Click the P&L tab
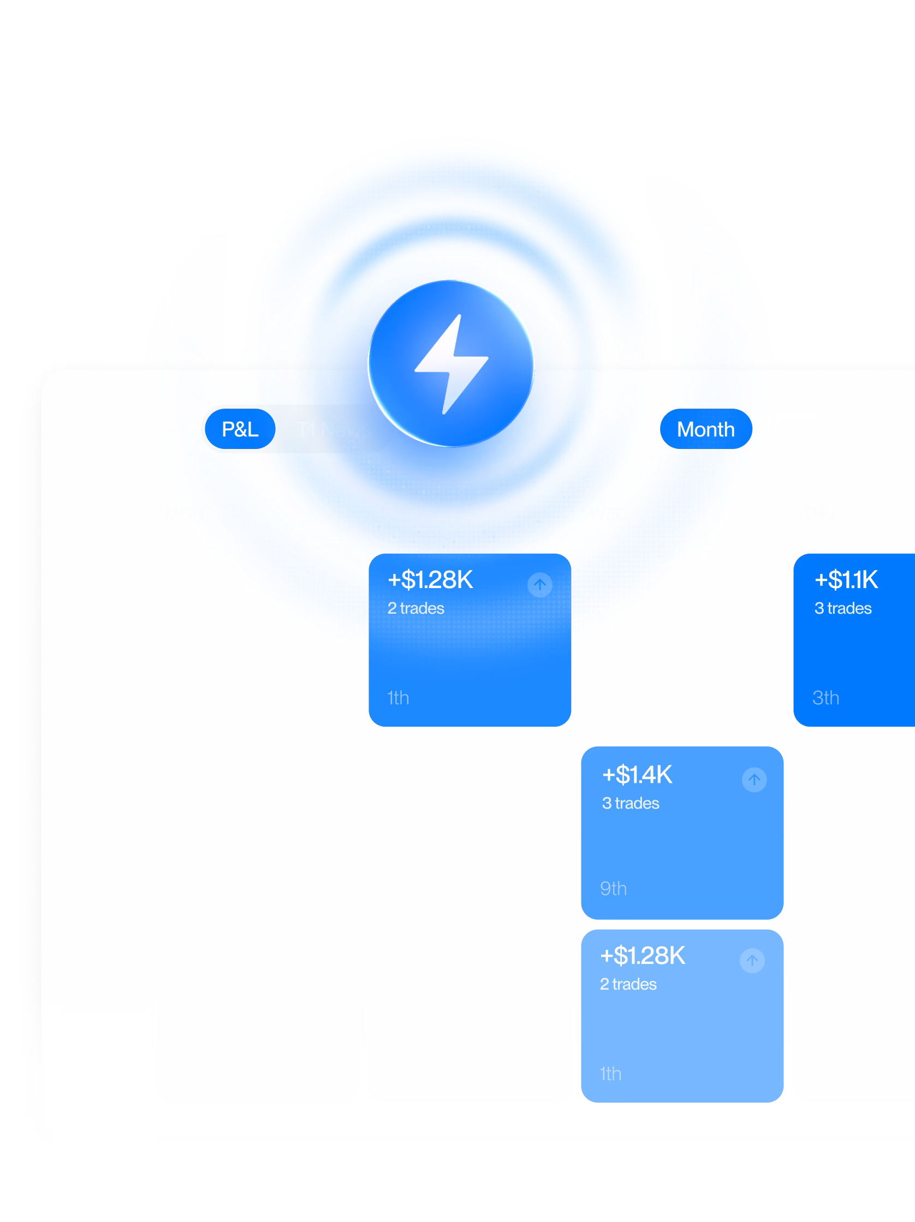(x=240, y=429)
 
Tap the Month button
(x=705, y=429)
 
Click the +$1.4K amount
(x=637, y=775)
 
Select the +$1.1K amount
(x=846, y=580)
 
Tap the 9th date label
(x=613, y=888)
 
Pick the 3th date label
(x=825, y=698)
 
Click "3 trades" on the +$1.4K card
(x=630, y=803)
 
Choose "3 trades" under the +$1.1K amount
(x=842, y=608)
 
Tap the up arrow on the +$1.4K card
(x=754, y=780)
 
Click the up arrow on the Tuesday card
(x=539, y=584)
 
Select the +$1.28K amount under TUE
(x=430, y=580)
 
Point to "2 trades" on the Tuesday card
(x=416, y=608)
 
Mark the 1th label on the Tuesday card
(x=397, y=698)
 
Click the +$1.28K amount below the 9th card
(x=643, y=956)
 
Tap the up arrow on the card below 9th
(x=752, y=961)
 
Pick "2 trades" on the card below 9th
(x=628, y=984)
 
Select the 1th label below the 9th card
(x=610, y=1074)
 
